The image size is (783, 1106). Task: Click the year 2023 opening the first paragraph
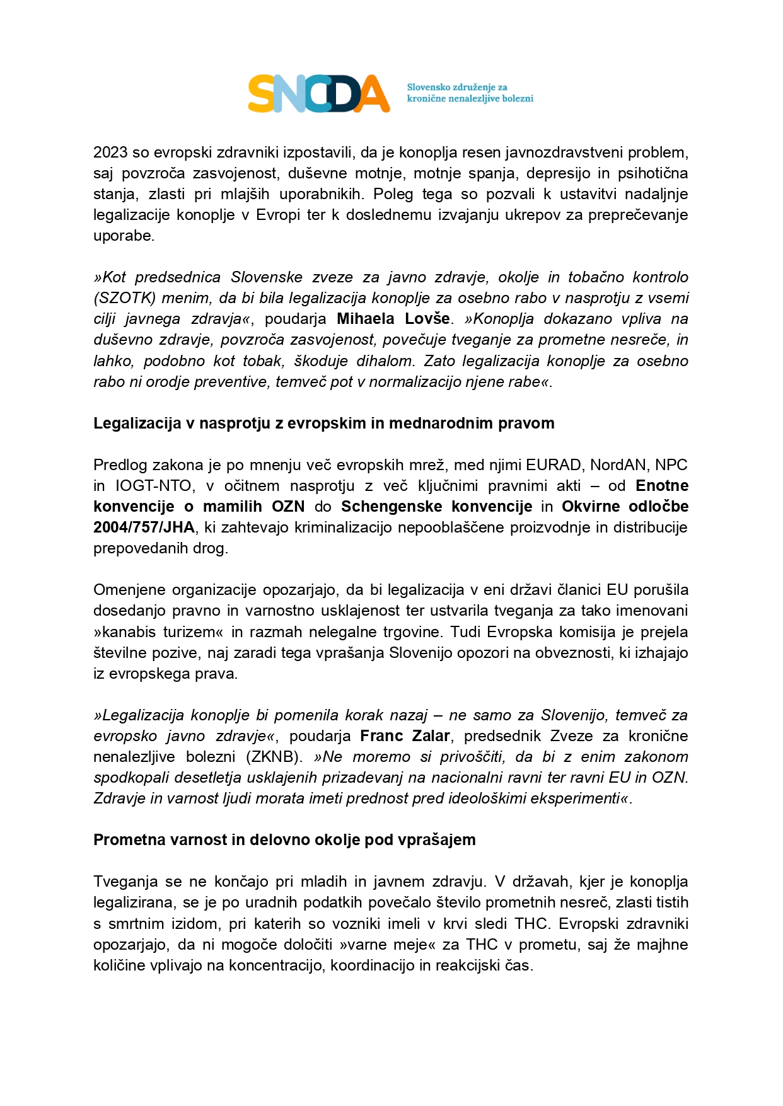[110, 153]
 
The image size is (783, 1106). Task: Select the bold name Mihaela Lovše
[393, 319]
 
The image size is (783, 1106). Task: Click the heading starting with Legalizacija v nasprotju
[323, 423]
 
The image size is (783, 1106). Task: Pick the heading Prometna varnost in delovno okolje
[284, 840]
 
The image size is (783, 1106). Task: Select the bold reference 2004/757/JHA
[144, 527]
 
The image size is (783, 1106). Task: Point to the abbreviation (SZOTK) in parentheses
[124, 298]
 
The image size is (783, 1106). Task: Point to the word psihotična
[652, 173]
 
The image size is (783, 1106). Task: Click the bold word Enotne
[662, 486]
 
